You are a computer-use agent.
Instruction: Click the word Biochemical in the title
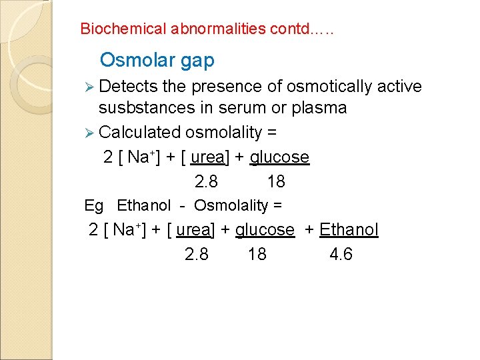coord(123,29)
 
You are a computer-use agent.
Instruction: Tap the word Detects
coord(129,87)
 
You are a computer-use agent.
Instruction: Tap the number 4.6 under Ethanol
coord(341,255)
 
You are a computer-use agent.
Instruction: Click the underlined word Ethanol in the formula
coord(349,230)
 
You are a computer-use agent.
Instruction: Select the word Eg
coord(94,205)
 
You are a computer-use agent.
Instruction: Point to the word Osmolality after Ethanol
coord(233,205)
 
